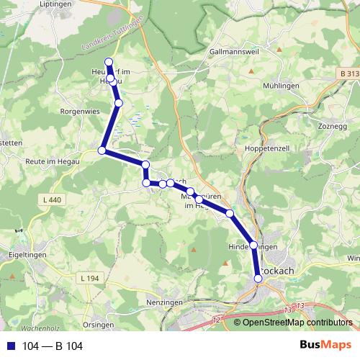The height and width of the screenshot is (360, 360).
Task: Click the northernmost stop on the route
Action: [x=109, y=62]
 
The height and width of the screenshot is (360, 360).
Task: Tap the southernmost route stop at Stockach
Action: [x=258, y=277]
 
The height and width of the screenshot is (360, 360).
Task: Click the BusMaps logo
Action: [x=327, y=346]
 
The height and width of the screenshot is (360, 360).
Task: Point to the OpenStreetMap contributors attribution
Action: [x=296, y=323]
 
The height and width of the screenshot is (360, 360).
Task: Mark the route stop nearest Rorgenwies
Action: [x=119, y=104]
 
